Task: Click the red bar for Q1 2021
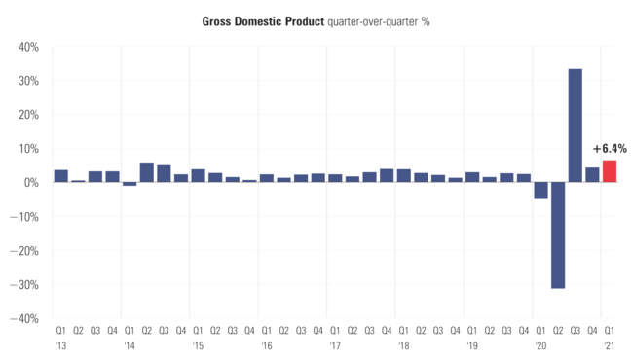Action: [x=609, y=171]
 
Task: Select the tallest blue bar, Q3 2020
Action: [x=575, y=126]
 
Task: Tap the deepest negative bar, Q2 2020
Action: [x=557, y=234]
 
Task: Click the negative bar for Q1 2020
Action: [x=540, y=191]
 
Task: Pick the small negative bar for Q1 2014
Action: [x=130, y=184]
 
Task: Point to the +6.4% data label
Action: [x=610, y=149]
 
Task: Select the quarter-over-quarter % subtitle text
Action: [x=372, y=20]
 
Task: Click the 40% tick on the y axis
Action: [x=27, y=47]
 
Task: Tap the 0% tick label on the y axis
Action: [x=30, y=182]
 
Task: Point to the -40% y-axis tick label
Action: [x=25, y=318]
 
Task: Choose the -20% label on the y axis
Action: [x=25, y=250]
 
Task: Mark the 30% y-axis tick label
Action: [x=27, y=81]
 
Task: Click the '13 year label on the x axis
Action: [x=60, y=346]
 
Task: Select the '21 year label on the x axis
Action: [x=609, y=346]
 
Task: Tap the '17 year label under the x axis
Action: [x=335, y=346]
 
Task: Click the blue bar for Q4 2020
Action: [x=591, y=175]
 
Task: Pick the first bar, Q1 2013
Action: [x=60, y=176]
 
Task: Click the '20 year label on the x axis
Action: [x=540, y=346]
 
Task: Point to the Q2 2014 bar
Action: [x=146, y=173]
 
